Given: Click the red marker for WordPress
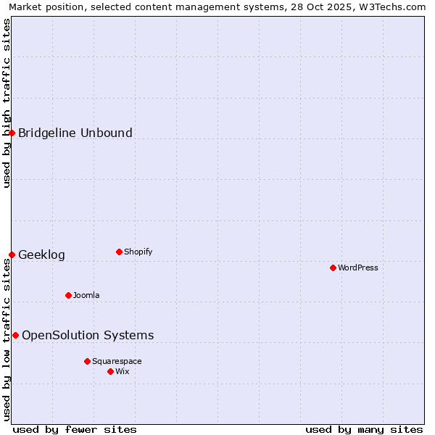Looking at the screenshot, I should (333, 268).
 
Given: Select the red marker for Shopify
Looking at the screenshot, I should (119, 252).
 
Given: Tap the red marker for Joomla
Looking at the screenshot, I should (68, 295).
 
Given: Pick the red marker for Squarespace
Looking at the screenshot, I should (87, 361).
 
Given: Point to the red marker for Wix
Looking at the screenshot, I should (110, 371).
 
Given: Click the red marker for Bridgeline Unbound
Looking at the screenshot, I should (12, 133).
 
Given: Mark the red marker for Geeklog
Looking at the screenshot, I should (12, 254).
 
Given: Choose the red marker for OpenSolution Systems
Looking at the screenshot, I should (15, 335).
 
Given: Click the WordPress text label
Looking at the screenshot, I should (358, 268).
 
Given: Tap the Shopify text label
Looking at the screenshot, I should (138, 252).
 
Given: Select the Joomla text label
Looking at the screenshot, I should (86, 295).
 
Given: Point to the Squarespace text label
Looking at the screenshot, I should (117, 361).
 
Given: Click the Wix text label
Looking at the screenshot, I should (122, 371).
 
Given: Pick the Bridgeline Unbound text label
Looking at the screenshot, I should (75, 133).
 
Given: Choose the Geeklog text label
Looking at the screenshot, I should (41, 254).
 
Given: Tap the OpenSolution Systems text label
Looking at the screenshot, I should (88, 335).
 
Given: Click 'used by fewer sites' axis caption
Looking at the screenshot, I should (75, 429).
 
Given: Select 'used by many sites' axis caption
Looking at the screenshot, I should (364, 429).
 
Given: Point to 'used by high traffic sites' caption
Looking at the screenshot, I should (7, 103).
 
